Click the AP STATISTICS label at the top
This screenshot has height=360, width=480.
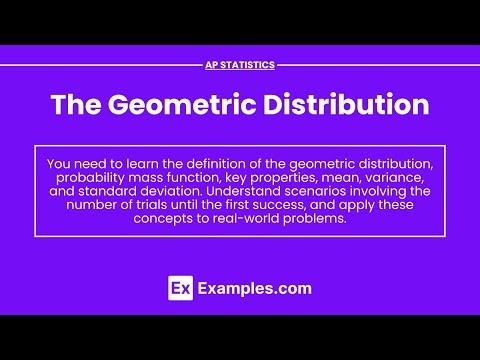(x=240, y=65)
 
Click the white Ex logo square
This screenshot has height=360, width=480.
(x=179, y=289)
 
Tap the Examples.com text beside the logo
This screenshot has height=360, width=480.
(x=254, y=289)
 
